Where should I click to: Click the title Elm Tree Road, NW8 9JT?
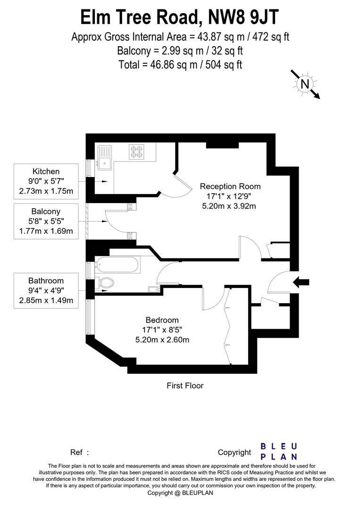180,17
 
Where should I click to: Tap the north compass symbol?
305,84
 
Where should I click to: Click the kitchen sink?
104,158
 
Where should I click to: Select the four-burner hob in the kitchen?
136,151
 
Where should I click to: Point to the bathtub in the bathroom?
117,266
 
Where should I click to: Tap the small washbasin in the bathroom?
153,289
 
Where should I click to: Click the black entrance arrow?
301,282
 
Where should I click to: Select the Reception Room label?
230,186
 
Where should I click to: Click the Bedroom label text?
162,320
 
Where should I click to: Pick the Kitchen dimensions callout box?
46,181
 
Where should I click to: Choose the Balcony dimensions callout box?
46,221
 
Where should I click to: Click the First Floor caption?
185,386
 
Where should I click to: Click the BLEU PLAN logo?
279,451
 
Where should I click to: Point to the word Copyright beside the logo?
234,452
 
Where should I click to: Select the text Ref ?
79,452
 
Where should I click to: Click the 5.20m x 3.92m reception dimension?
230,206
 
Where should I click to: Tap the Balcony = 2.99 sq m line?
180,50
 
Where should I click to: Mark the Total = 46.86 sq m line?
180,64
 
